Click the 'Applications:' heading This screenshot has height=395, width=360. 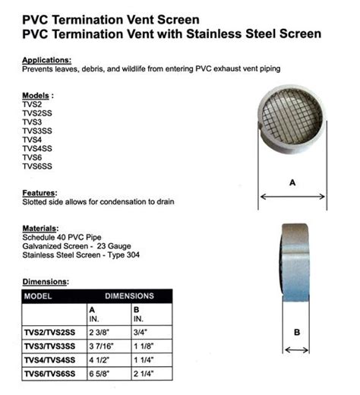(48, 59)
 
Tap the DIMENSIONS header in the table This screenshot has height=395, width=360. (129, 295)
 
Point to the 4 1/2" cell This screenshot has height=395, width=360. (101, 359)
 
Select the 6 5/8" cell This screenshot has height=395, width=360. (101, 373)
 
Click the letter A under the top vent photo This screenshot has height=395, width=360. (293, 182)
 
